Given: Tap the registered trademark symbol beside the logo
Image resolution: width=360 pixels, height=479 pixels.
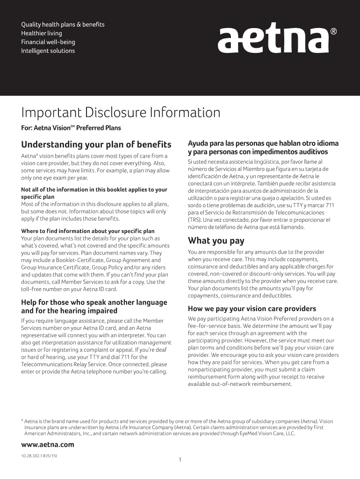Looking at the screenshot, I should point(333,32).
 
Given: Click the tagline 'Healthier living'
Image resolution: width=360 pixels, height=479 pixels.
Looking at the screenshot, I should point(41,33).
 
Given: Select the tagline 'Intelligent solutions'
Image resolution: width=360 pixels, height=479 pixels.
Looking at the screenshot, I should point(48,51).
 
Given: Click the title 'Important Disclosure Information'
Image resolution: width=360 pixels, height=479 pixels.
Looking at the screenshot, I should point(121,113).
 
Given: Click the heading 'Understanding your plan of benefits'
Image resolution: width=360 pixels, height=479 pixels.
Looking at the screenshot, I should point(96,144).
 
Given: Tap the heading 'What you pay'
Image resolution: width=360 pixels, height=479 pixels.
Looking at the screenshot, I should point(216,241).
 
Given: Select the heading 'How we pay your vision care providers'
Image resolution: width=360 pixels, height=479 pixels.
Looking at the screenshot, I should point(252,309).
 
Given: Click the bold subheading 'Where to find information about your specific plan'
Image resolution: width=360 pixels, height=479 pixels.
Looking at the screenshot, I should point(88,231).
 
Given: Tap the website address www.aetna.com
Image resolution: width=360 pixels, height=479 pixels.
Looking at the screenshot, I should point(48,444).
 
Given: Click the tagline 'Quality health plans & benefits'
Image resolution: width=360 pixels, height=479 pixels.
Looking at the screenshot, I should point(63,24).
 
